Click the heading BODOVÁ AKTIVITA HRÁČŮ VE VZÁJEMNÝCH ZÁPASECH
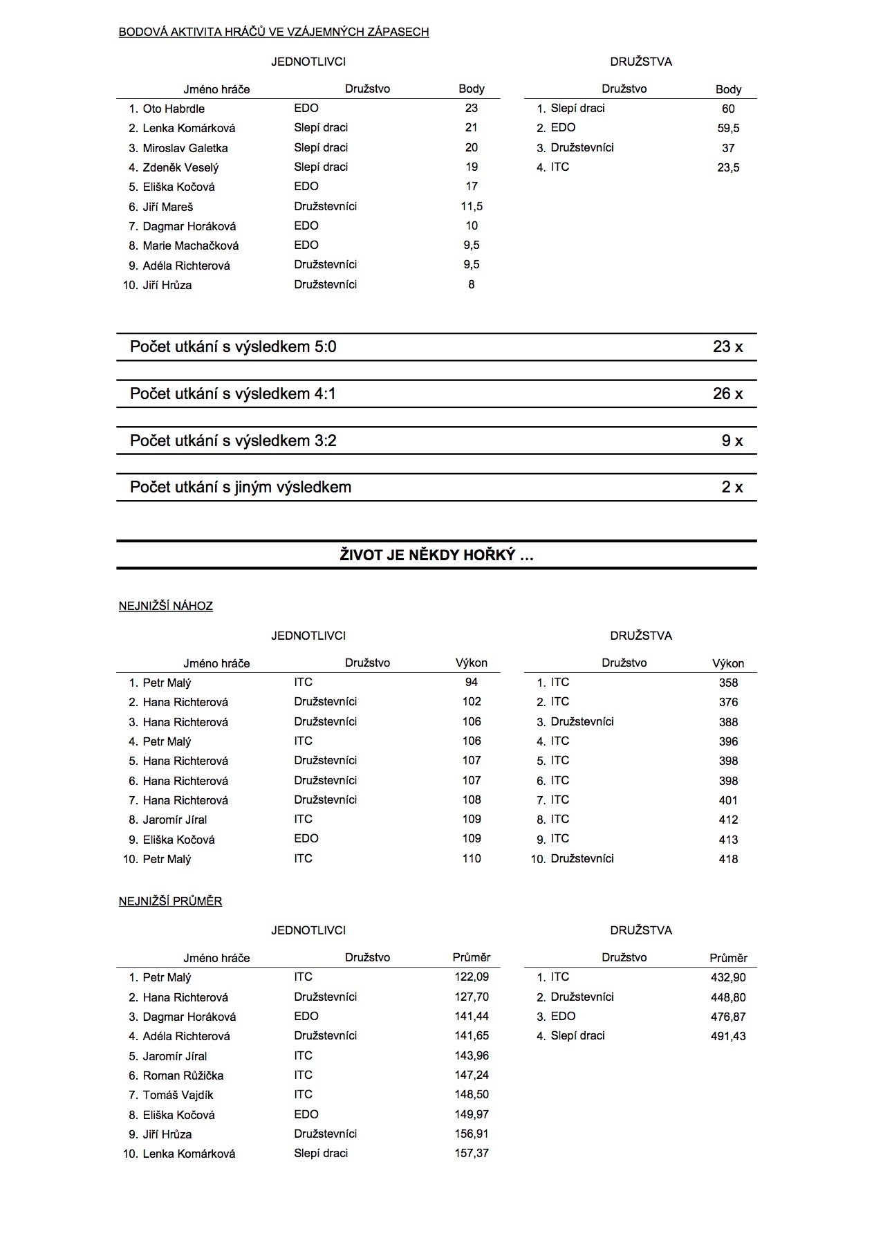tap(274, 32)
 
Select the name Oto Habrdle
tap(174, 109)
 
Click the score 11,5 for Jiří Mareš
tap(472, 206)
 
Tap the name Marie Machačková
tap(191, 246)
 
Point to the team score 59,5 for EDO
tap(728, 128)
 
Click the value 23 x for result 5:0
tap(727, 347)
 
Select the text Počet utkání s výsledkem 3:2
tap(233, 441)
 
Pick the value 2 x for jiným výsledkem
tap(732, 487)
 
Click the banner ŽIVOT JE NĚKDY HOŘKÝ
tap(436, 555)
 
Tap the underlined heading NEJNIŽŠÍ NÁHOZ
tap(166, 606)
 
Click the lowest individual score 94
tap(472, 682)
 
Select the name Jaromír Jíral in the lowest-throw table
tap(175, 820)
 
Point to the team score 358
tap(728, 683)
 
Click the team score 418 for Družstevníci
tap(728, 859)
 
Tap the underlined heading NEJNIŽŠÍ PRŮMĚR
tap(170, 901)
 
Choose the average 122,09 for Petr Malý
tap(472, 977)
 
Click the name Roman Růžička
tap(183, 1075)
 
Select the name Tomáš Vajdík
tap(178, 1095)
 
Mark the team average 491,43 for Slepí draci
tap(728, 1036)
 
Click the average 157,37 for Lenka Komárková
tap(472, 1153)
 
